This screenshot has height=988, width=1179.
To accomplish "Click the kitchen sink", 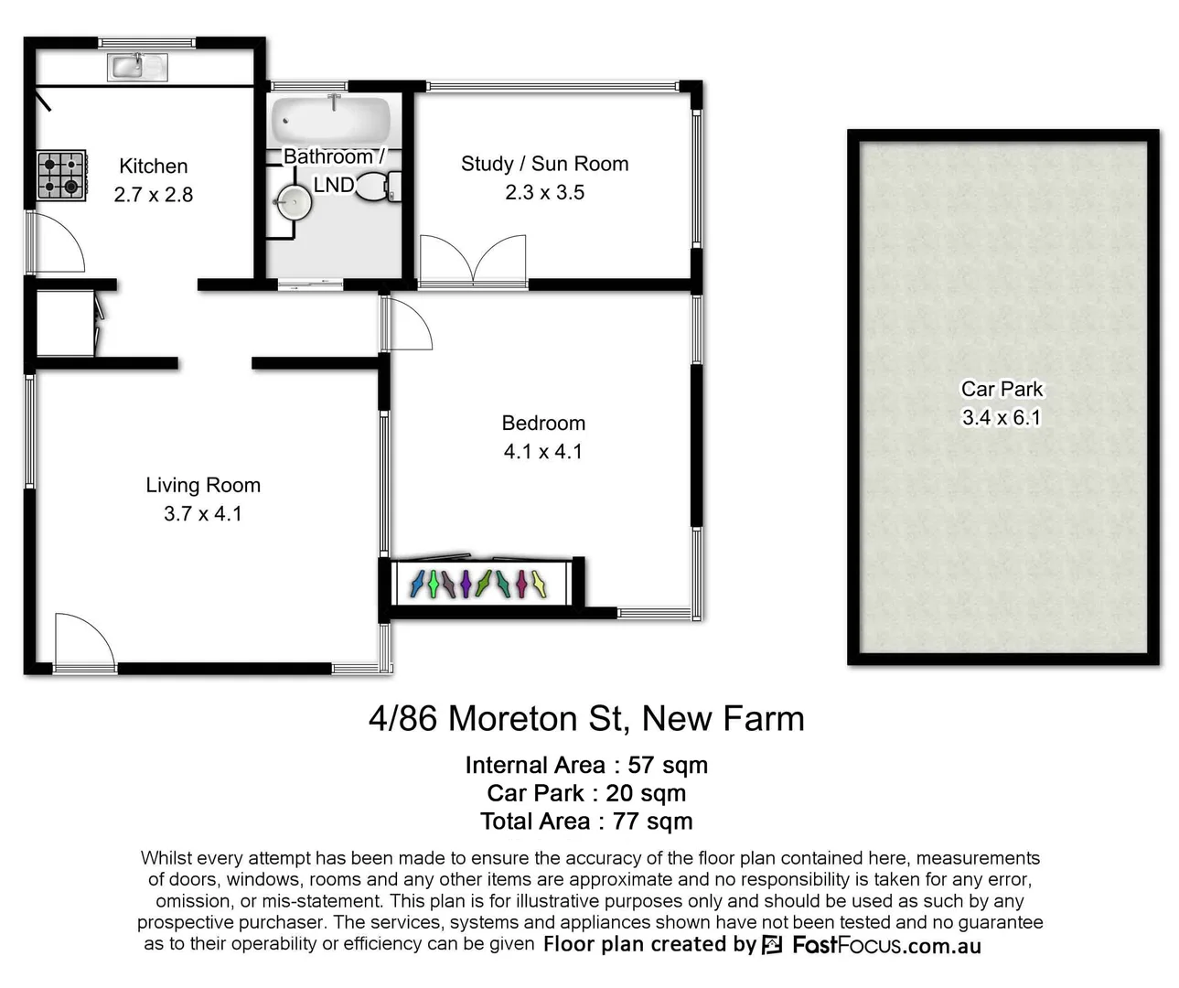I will click(138, 66).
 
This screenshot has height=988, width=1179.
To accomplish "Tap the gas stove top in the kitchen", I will click(61, 176).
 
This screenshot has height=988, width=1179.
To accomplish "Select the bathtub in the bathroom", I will click(331, 119).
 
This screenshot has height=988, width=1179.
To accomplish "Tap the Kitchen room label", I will click(154, 166).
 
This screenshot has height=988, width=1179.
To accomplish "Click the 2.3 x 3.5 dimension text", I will click(544, 193).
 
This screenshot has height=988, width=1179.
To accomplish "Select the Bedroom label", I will click(543, 424).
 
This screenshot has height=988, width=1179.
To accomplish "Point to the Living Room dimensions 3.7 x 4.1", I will click(203, 514).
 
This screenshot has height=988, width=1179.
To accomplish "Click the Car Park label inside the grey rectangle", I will click(1002, 390).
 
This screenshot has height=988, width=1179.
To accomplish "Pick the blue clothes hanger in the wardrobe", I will click(417, 584).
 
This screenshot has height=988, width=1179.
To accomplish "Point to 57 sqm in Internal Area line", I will click(667, 766).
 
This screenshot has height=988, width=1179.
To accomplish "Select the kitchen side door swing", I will click(58, 242).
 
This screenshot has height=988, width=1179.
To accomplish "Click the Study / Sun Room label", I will click(544, 165).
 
